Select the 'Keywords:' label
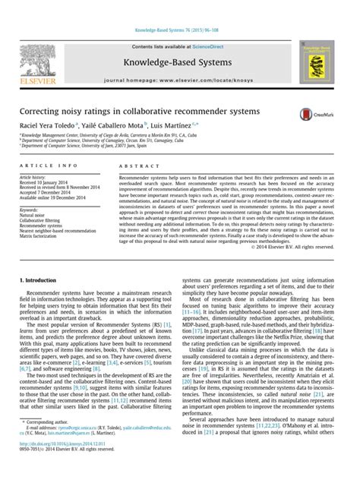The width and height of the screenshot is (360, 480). pos(29,208)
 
